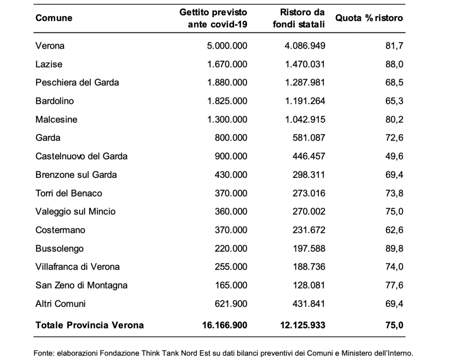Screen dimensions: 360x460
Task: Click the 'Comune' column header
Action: tap(53, 18)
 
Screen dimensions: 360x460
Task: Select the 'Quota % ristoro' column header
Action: tap(369, 18)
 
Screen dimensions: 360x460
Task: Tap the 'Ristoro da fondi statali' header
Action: tap(299, 18)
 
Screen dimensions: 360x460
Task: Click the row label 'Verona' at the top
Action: tap(50, 46)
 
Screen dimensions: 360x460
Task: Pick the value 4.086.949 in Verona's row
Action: tap(305, 46)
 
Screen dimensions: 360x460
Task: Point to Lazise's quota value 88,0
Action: tap(394, 64)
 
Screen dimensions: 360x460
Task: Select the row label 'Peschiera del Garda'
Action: tap(77, 83)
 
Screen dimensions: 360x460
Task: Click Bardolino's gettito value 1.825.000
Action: tap(227, 101)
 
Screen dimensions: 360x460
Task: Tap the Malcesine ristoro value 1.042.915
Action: tap(305, 120)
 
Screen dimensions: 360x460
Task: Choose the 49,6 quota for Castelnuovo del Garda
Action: tap(394, 156)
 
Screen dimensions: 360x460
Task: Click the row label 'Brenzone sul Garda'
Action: tap(76, 175)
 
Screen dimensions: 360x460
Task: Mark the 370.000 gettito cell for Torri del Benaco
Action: tap(231, 193)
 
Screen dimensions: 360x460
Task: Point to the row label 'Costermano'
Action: tap(60, 230)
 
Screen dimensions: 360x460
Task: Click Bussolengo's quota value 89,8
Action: tap(394, 249)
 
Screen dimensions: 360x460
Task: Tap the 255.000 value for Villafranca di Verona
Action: tap(231, 267)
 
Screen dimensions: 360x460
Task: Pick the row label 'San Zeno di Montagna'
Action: tap(81, 285)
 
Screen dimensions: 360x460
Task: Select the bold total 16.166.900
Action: tap(225, 325)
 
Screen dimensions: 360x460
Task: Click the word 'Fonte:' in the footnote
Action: tap(44, 353)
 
